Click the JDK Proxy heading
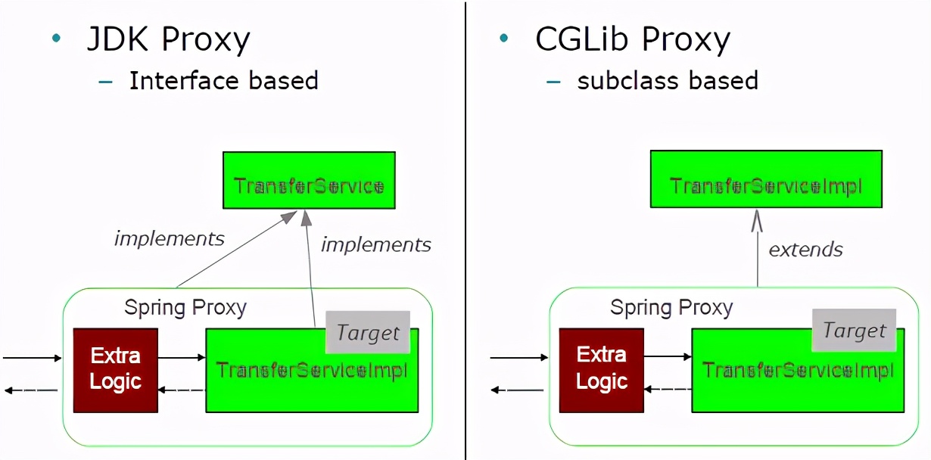pos(168,39)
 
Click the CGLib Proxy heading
pos(632,39)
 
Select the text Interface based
pos(223,80)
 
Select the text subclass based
pos(667,80)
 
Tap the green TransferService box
pos(309,180)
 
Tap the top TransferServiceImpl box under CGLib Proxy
pos(766,179)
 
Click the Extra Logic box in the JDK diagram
pos(115,369)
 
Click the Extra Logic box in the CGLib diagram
pos(601,369)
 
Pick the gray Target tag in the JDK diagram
pos(368,332)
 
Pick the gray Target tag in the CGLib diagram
pos(854,331)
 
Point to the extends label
pos(805,249)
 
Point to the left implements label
pos(169,239)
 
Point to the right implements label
pos(375,244)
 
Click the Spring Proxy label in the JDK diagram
pos(185,308)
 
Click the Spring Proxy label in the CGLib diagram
pos(671,307)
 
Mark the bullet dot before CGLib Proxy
pos(503,38)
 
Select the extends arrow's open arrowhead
pos(758,221)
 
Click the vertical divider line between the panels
pos(465,227)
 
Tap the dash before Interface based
pos(106,81)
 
